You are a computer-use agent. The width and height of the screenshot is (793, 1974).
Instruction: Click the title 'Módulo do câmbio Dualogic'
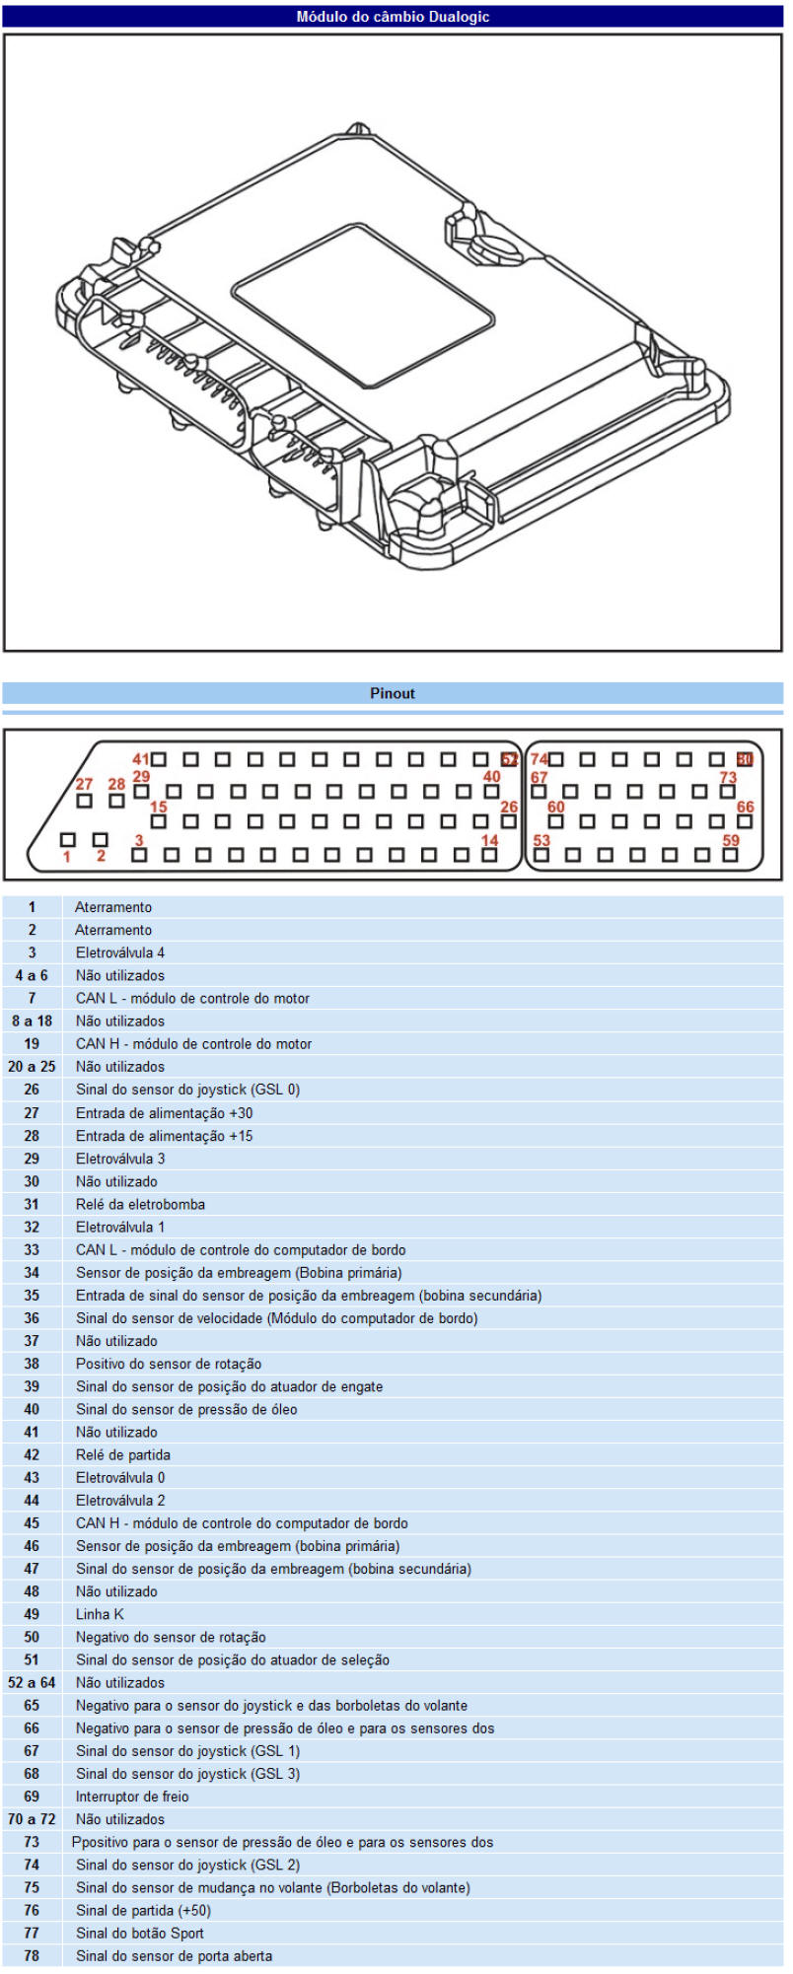point(393,17)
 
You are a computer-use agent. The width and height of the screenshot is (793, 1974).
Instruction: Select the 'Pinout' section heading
point(393,693)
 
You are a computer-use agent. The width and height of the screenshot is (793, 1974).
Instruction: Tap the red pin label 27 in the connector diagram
point(84,784)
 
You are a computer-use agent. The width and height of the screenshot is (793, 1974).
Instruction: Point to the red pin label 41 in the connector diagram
point(141,759)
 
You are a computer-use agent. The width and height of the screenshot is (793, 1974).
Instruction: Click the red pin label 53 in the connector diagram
point(541,840)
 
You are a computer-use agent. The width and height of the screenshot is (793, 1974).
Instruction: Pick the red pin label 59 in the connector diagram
point(731,840)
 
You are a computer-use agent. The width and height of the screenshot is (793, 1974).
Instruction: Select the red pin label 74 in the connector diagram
point(539,759)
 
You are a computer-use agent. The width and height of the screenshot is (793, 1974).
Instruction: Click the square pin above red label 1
point(67,840)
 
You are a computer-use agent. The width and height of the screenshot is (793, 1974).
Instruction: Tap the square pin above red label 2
point(100,840)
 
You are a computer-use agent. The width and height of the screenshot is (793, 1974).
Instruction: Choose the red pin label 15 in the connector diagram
point(158,808)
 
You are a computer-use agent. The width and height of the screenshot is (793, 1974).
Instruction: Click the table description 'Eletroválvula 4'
point(120,952)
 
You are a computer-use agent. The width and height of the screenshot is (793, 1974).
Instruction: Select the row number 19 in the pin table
point(32,1043)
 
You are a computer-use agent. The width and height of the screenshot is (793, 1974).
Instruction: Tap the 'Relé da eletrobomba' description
point(140,1204)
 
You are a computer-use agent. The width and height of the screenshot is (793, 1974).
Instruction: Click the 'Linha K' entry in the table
point(100,1614)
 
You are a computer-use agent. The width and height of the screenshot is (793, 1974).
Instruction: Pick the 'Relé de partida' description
point(122,1454)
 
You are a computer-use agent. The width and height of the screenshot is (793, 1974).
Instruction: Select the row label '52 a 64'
point(32,1682)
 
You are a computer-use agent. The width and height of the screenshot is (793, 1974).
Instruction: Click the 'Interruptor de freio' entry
point(132,1797)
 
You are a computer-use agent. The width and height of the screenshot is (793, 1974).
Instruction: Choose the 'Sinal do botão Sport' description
point(140,1933)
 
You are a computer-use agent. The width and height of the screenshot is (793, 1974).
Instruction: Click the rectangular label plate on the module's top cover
point(363,304)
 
